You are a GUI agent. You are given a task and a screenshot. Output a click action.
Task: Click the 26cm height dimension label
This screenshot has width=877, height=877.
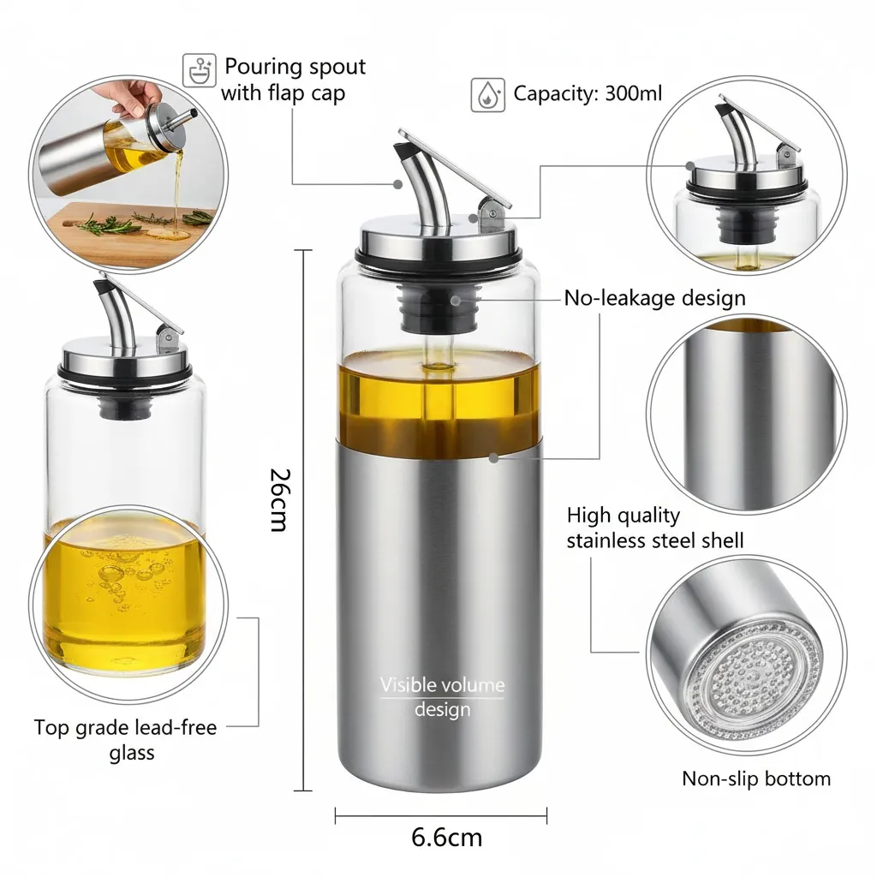279,499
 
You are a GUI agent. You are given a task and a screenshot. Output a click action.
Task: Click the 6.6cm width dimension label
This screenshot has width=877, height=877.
446,838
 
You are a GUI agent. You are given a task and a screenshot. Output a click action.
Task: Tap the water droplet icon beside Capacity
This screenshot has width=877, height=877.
487,95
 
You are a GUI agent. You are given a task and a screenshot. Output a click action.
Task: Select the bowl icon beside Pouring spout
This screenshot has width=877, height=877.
199,70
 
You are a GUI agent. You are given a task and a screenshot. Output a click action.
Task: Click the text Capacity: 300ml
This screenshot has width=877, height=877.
588,92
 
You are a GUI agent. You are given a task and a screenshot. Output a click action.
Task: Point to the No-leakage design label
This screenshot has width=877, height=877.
655,297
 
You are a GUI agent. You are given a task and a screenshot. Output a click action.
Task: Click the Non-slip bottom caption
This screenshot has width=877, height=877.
756,779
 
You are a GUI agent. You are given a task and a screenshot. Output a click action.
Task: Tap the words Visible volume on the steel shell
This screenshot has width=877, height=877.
443,684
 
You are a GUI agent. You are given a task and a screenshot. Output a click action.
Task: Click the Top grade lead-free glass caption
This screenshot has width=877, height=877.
125,739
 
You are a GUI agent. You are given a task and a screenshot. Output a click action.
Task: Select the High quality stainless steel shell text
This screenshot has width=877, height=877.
655,528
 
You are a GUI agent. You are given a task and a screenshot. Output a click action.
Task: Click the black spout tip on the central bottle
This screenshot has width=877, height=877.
403,151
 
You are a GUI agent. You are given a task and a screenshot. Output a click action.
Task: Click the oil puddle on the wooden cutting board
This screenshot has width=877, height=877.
168,233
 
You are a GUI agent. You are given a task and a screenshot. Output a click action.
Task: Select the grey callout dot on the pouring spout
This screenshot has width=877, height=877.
397,184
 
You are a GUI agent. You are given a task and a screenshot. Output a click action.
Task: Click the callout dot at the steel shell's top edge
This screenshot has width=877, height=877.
493,458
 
